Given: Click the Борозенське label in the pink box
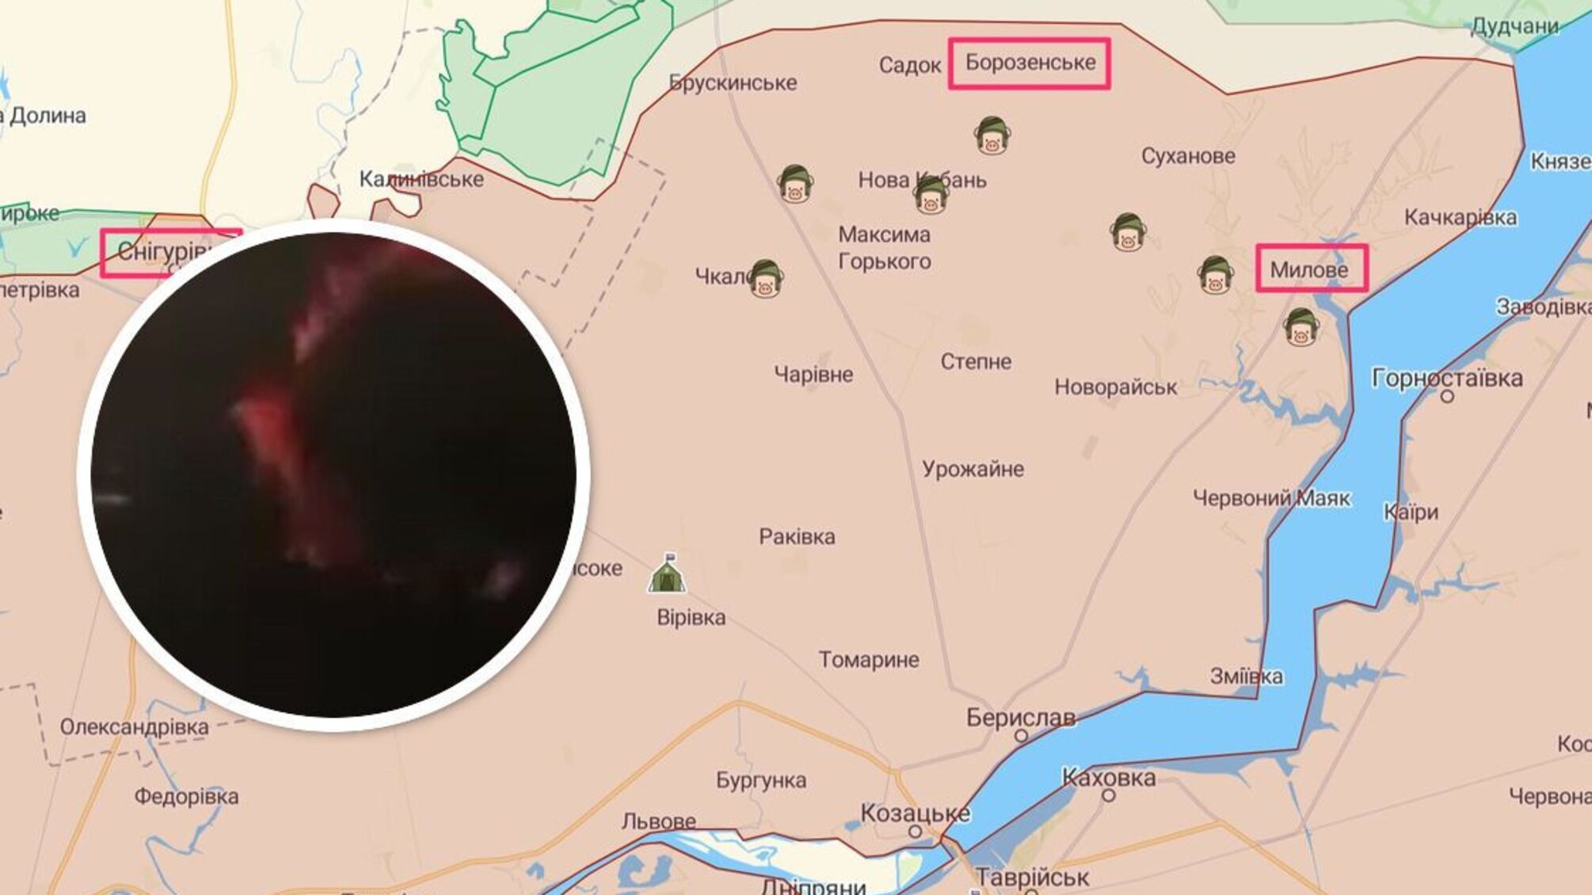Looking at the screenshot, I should pyautogui.click(x=1030, y=63).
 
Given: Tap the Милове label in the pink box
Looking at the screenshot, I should pyautogui.click(x=1309, y=270).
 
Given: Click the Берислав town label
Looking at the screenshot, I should pyautogui.click(x=1020, y=718).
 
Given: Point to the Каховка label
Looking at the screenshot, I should pyautogui.click(x=1108, y=778).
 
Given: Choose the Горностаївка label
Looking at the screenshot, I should pyautogui.click(x=1447, y=379).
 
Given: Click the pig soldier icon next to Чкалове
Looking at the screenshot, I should pyautogui.click(x=765, y=279).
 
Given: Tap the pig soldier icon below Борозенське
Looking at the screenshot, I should pyautogui.click(x=992, y=135).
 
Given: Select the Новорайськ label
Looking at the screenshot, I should pyautogui.click(x=1115, y=387).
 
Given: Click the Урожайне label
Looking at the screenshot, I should pyautogui.click(x=973, y=470).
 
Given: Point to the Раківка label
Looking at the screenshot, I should pyautogui.click(x=797, y=537).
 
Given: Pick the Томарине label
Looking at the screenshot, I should pyautogui.click(x=869, y=660).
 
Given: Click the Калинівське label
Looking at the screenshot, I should pyautogui.click(x=421, y=179).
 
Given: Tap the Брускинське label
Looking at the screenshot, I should pyautogui.click(x=733, y=82).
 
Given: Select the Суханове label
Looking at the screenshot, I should pyautogui.click(x=1188, y=156).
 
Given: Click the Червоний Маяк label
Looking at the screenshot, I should pyautogui.click(x=1271, y=498).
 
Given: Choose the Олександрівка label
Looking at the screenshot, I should pyautogui.click(x=135, y=727).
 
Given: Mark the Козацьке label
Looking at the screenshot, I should pyautogui.click(x=915, y=813).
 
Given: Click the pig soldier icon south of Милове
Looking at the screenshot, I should pyautogui.click(x=1301, y=327).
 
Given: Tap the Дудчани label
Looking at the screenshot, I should pyautogui.click(x=1514, y=27).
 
